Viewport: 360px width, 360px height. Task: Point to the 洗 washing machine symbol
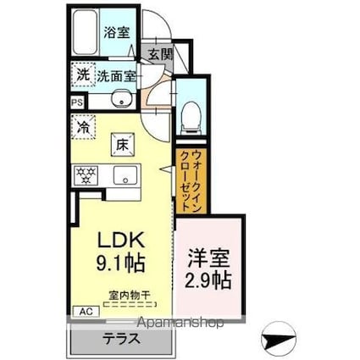[x=83, y=74]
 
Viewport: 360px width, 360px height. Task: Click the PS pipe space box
[x=77, y=102]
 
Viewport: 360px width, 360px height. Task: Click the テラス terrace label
[x=123, y=337]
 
